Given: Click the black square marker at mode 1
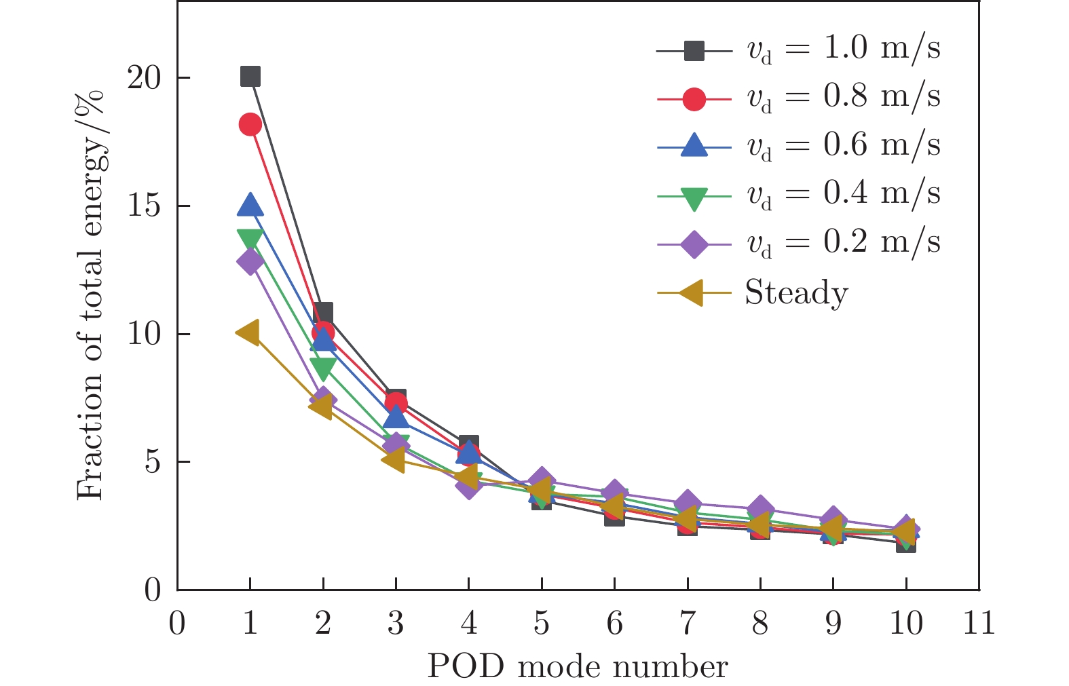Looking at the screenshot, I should click(x=250, y=77).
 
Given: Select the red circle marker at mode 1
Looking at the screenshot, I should click(x=250, y=125).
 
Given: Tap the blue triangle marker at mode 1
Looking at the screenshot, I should click(x=250, y=204).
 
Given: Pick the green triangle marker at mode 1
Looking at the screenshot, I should click(x=250, y=238).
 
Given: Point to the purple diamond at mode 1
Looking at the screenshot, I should click(x=250, y=262).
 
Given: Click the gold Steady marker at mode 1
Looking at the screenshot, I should click(x=248, y=332).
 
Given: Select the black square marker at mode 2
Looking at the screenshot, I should click(x=323, y=313).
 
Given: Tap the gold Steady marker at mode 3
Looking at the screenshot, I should click(x=394, y=460).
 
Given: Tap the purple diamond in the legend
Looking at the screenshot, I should click(x=694, y=244).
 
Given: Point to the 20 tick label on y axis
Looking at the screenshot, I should click(x=144, y=78).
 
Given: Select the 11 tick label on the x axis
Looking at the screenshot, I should click(x=978, y=623).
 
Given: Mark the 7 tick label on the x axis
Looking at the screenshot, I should click(x=687, y=623).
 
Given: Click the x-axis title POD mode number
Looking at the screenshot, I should click(x=578, y=667).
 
